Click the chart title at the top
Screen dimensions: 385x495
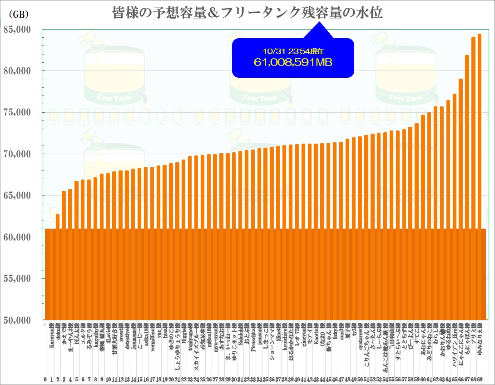point(247,13)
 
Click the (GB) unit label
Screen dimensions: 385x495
point(19,14)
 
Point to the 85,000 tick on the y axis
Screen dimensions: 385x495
point(17,30)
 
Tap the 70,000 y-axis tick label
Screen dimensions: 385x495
point(17,154)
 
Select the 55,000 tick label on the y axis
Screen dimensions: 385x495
point(17,279)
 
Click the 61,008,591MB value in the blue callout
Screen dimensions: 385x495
point(293,62)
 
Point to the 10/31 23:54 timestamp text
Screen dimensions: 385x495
point(293,51)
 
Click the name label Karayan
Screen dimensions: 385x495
point(52,336)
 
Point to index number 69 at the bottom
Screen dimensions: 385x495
point(479,379)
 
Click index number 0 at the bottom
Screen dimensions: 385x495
point(45,379)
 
